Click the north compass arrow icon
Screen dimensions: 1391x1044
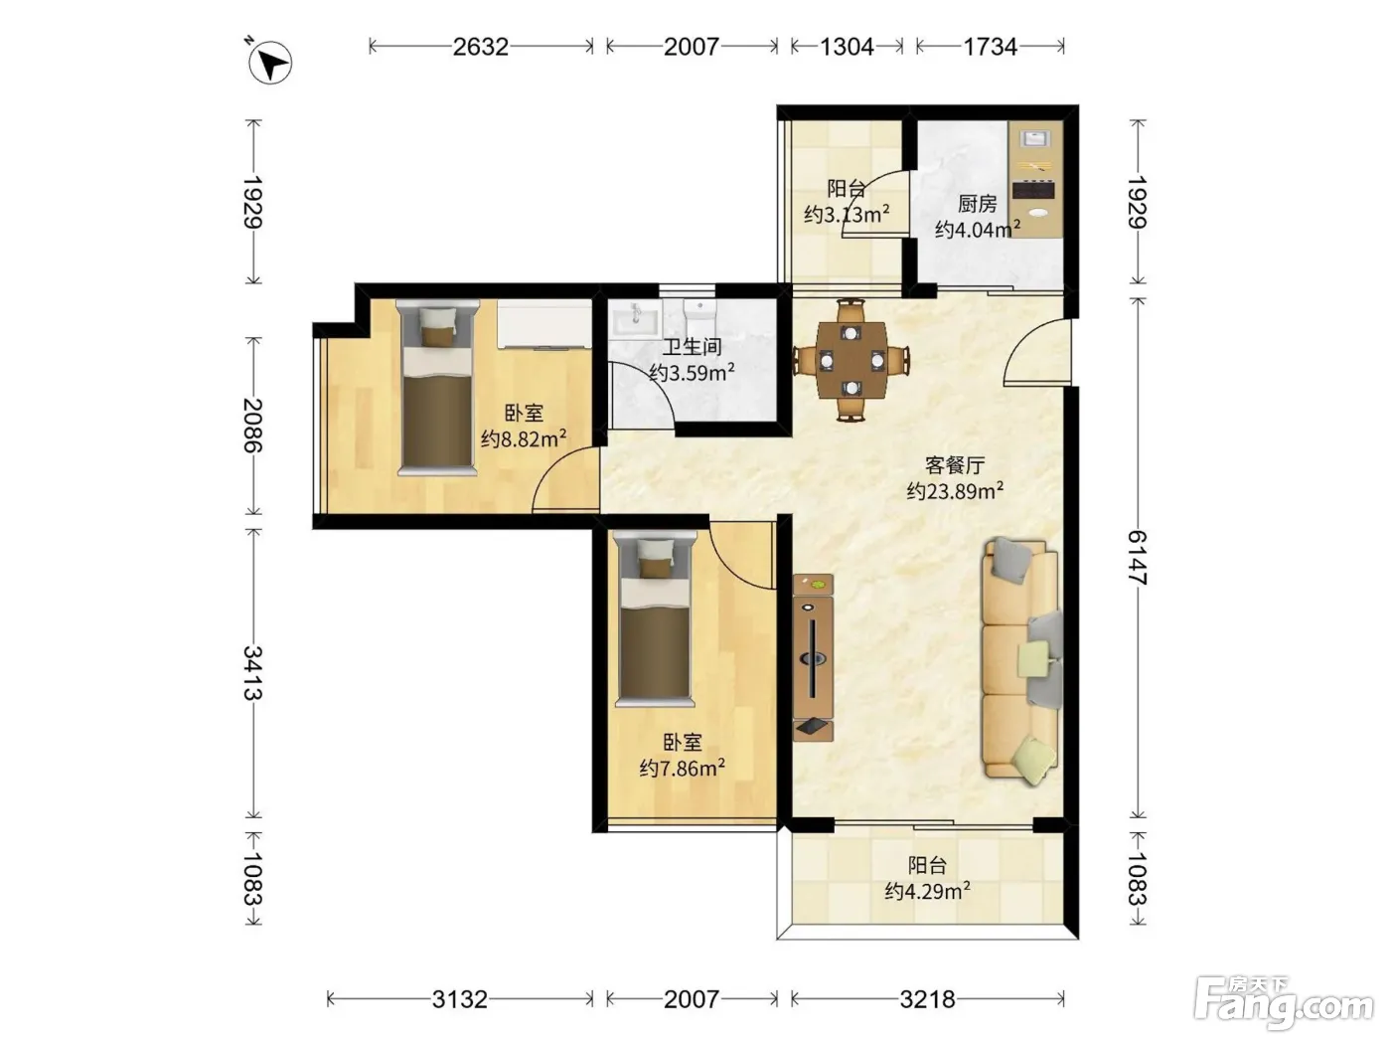[270, 63]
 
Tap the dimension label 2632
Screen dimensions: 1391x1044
[480, 47]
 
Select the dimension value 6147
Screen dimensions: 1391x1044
[1139, 558]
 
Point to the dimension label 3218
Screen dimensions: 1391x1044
[927, 999]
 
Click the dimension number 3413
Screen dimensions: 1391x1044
[253, 672]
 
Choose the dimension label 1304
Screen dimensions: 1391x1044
[848, 47]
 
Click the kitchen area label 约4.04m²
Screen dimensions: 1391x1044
[978, 229]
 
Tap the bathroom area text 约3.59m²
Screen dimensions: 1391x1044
[692, 372]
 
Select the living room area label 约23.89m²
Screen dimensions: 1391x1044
[955, 490]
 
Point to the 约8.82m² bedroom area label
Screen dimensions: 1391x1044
[524, 438]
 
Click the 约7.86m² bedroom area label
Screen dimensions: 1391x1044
[683, 769]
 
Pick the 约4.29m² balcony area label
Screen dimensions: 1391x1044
[927, 891]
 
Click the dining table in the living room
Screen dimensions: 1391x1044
[851, 360]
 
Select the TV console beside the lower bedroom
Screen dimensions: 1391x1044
[813, 657]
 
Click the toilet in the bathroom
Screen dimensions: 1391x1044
[699, 317]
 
